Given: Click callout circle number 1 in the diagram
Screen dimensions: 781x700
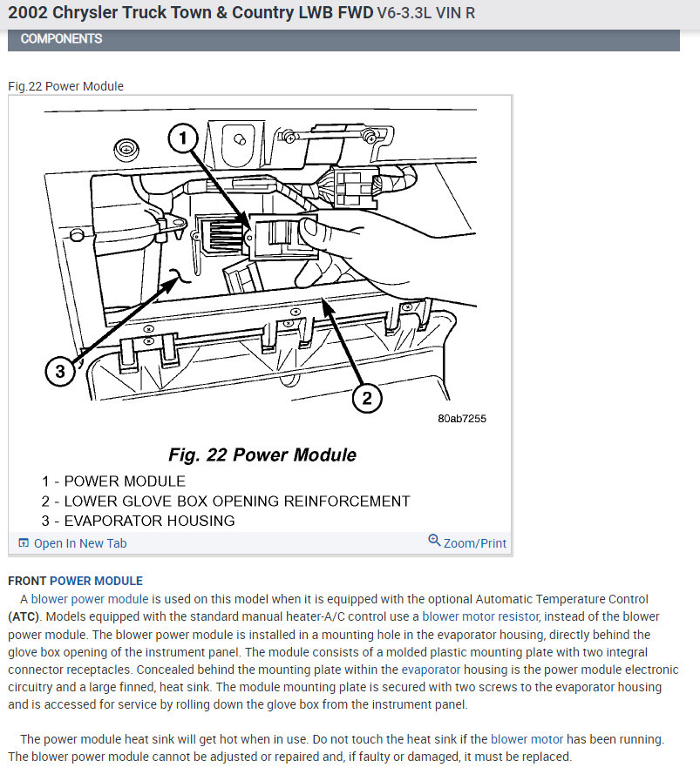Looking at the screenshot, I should [181, 138].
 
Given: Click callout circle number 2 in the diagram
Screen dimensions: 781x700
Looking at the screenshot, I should [367, 398].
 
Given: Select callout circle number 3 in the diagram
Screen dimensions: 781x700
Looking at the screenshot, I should [59, 372].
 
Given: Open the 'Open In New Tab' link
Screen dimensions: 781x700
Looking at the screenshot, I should [79, 543].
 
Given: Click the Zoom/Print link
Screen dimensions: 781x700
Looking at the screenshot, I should [474, 543].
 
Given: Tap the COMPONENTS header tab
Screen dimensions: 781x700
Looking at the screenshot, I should [61, 39].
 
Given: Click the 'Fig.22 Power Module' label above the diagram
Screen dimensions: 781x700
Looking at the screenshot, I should [65, 86].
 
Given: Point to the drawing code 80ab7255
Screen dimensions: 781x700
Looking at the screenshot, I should [461, 419].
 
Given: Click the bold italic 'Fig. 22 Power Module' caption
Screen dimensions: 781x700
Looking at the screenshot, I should [262, 454].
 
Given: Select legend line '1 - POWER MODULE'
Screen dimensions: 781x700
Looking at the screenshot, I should [113, 481].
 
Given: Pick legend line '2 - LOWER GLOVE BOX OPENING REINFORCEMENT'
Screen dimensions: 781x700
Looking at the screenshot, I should [225, 501].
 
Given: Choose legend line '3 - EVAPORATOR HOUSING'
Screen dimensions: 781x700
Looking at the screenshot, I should [138, 521].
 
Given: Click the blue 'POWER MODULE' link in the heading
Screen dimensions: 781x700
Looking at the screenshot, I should [96, 581].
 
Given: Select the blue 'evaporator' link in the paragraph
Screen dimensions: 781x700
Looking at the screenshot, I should [431, 670].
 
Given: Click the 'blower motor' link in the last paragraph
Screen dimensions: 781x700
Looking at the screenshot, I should [527, 739].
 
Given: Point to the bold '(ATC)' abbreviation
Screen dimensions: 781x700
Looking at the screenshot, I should [23, 616].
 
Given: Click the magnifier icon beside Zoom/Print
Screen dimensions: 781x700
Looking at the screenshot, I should [434, 542].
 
